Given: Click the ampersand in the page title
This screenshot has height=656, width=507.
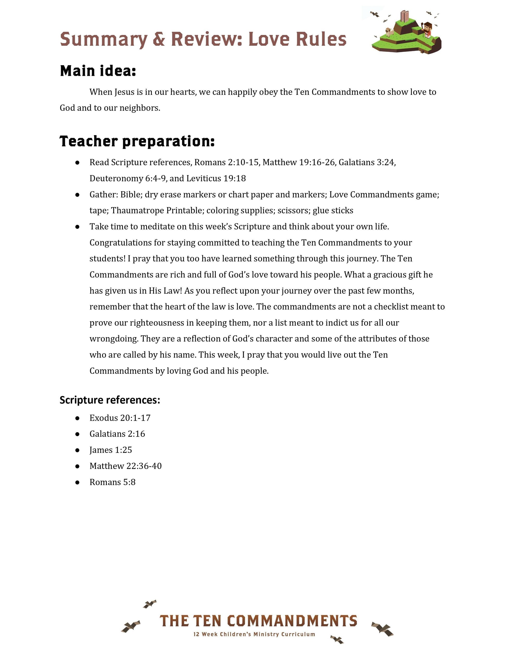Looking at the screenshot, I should (159, 39).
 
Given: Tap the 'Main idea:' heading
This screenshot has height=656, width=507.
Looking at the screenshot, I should (98, 71).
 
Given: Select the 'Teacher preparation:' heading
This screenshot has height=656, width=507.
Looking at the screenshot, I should (137, 141).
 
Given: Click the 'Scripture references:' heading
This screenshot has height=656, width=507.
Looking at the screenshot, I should (110, 400).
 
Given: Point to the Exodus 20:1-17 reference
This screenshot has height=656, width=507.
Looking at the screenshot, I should (120, 418).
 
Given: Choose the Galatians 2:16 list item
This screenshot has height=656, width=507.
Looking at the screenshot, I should (117, 434).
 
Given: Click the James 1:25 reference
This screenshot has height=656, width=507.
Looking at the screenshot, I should (110, 450).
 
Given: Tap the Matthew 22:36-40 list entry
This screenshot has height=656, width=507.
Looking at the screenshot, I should (126, 466).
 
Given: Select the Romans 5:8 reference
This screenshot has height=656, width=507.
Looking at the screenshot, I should (112, 482).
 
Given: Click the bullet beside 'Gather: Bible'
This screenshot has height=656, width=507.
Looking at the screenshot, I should (77, 195).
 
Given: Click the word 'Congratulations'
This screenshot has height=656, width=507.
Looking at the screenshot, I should (120, 243).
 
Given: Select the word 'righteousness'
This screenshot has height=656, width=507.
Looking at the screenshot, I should (157, 323).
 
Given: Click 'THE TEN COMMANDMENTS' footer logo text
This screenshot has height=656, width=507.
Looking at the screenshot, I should (258, 621).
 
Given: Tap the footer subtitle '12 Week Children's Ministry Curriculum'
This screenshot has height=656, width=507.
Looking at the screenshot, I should (254, 634).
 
